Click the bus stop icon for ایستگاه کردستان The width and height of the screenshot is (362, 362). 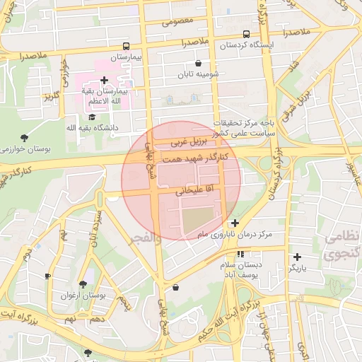[245, 34]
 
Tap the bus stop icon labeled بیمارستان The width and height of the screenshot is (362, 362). [126, 45]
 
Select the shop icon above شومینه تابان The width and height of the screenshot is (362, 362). [197, 63]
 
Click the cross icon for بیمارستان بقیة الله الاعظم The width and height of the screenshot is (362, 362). [105, 81]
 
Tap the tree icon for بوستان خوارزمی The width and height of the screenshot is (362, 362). [25, 137]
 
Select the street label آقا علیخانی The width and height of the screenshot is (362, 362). [183, 190]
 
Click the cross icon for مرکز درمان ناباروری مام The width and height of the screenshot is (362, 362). [235, 223]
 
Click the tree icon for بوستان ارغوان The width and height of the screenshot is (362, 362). [83, 284]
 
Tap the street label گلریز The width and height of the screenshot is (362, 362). [51, 96]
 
